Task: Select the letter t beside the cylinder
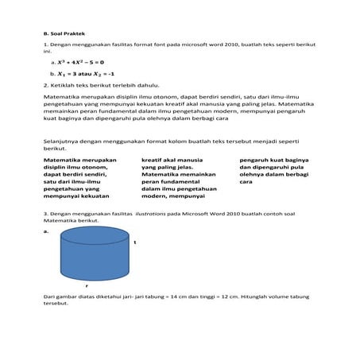(136, 242)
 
